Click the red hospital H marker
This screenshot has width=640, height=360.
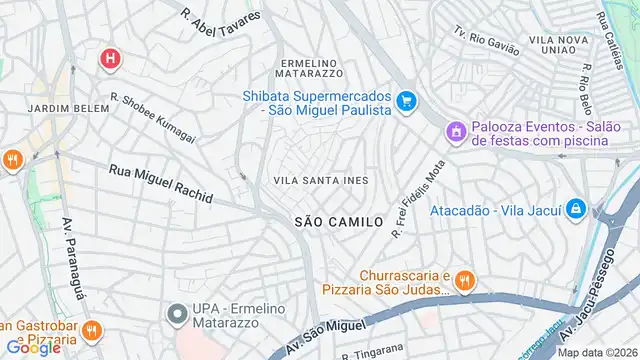pyautogui.click(x=110, y=60)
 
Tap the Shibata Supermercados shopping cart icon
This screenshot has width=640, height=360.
pyautogui.click(x=406, y=101)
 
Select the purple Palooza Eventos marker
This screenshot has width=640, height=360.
pyautogui.click(x=456, y=130)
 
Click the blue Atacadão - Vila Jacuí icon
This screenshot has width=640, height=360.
pyautogui.click(x=575, y=210)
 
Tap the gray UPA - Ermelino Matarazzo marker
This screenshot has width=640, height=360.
pyautogui.click(x=178, y=314)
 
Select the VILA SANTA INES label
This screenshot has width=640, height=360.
pyautogui.click(x=320, y=180)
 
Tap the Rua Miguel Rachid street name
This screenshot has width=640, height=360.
pyautogui.click(x=160, y=184)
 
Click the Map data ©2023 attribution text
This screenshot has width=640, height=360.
pyautogui.click(x=596, y=352)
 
